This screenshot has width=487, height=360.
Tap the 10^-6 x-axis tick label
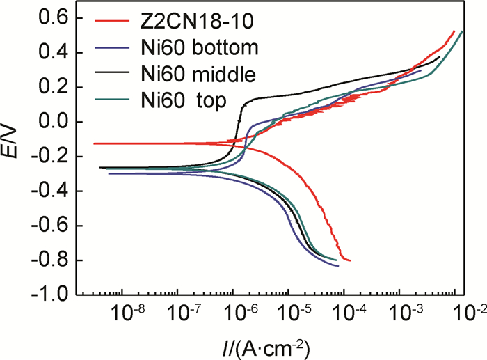click(237, 312)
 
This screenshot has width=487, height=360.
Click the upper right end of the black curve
click(440, 57)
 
